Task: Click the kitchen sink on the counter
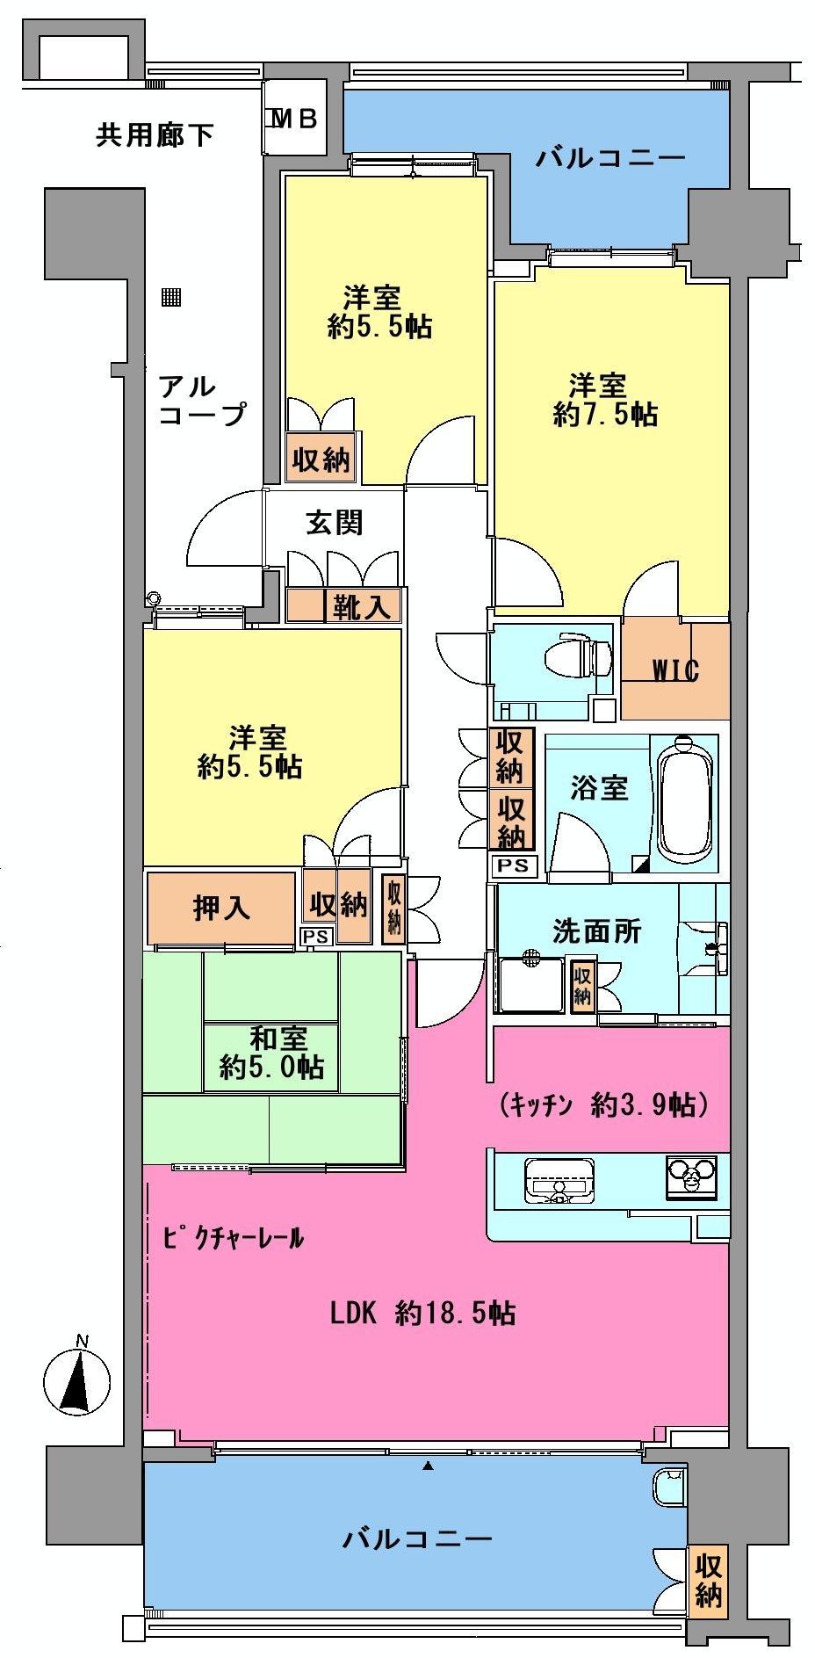559,1178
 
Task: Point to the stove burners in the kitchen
692,1176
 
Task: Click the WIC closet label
674,671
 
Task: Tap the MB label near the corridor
294,119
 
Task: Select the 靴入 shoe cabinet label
361,606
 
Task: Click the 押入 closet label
221,908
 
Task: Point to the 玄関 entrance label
334,523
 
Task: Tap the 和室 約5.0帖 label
272,1053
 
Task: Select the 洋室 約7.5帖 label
605,400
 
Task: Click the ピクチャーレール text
234,1239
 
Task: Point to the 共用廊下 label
155,134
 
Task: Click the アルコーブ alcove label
201,400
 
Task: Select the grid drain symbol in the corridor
170,297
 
